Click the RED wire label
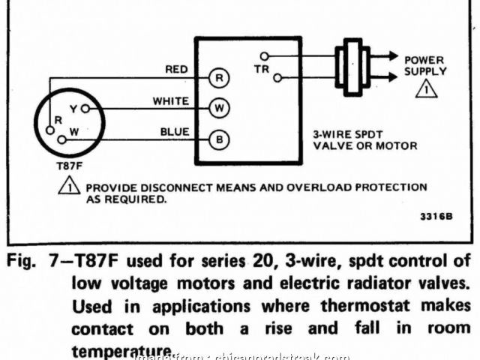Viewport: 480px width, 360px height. point(176,70)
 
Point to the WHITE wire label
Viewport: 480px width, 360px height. point(170,100)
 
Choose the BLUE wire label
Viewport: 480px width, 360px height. point(174,132)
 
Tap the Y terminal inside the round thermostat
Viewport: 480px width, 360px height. point(74,109)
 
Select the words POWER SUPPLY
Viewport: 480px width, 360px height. point(425,66)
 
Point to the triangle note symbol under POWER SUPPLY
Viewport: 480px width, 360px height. point(426,89)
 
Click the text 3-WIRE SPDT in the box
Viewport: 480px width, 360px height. point(340,135)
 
